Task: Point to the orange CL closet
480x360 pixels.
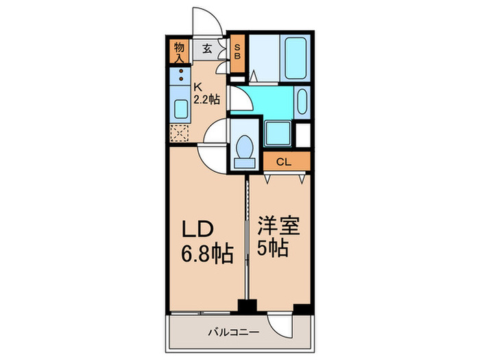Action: pos(285,162)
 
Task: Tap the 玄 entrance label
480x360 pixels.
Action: pos(206,49)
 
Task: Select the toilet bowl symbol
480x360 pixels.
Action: pos(244,147)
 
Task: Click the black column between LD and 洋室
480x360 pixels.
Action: pos(245,306)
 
